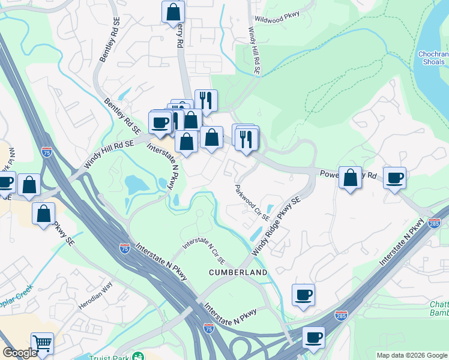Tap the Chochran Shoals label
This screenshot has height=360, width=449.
(432, 58)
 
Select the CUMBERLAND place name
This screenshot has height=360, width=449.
(238, 272)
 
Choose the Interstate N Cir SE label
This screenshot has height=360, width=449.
(204, 251)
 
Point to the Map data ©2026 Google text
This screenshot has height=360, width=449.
(411, 355)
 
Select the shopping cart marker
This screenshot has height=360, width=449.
(42, 344)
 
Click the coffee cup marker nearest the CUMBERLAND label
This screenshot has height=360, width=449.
(304, 295)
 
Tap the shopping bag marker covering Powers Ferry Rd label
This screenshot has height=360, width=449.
(351, 178)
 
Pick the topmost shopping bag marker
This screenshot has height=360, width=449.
(173, 11)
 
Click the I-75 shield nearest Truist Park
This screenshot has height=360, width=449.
(208, 328)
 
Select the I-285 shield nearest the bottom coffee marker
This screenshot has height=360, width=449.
(340, 316)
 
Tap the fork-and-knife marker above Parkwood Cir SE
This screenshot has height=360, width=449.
(247, 139)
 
